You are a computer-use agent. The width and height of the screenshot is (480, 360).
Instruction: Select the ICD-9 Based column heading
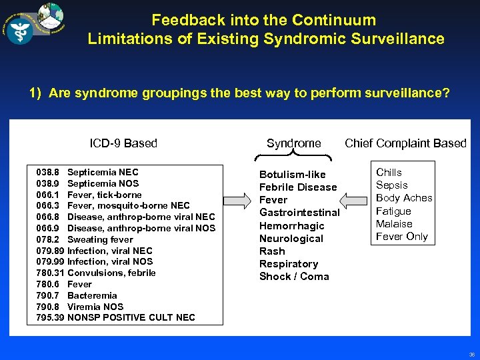pos(123,143)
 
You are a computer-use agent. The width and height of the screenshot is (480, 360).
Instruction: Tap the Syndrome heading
pos(293,143)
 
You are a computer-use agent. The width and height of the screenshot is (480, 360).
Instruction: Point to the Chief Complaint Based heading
pos(405,143)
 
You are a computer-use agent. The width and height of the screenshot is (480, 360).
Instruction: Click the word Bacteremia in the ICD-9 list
pos(92,295)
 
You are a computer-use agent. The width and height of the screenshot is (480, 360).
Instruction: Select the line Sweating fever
pos(100,239)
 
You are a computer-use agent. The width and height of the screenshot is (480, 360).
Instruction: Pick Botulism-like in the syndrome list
pos(292,175)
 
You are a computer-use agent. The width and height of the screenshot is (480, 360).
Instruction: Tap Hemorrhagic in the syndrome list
pos(291,226)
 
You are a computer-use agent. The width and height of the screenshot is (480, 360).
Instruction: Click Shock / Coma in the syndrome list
pos(294,277)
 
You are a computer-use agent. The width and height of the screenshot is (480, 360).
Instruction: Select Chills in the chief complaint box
pos(389,172)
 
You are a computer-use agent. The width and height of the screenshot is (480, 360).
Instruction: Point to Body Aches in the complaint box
pos(404,198)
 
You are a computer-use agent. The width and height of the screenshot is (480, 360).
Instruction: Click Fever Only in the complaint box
pos(401,237)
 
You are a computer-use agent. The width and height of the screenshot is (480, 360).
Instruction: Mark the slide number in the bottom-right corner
pos(471,355)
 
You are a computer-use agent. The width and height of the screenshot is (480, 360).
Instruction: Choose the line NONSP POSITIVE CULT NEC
pos(131,317)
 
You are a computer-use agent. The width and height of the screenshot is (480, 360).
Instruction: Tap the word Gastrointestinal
pos(299,213)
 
